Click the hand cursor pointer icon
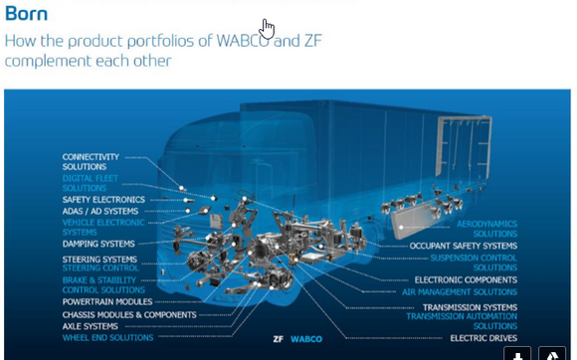click(x=267, y=29)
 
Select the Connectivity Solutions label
click(x=91, y=162)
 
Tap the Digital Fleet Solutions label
click(x=91, y=183)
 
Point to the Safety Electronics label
click(x=103, y=200)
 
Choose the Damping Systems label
click(x=98, y=244)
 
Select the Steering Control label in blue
click(x=99, y=269)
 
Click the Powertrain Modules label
click(x=107, y=301)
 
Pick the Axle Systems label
click(x=91, y=326)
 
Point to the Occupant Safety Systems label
click(x=464, y=246)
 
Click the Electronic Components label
click(x=466, y=279)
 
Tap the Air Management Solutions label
click(x=460, y=291)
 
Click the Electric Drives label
click(x=483, y=338)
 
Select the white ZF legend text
click(x=279, y=339)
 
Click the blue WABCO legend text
click(x=305, y=339)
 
